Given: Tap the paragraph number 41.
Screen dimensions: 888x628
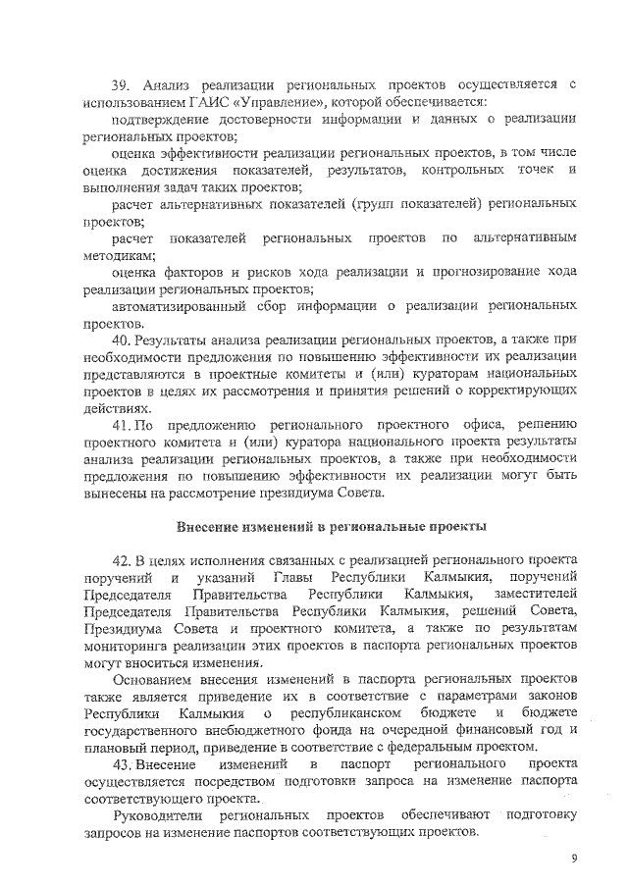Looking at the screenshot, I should coord(123,425).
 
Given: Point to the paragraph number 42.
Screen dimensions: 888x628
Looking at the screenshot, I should coord(123,559).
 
